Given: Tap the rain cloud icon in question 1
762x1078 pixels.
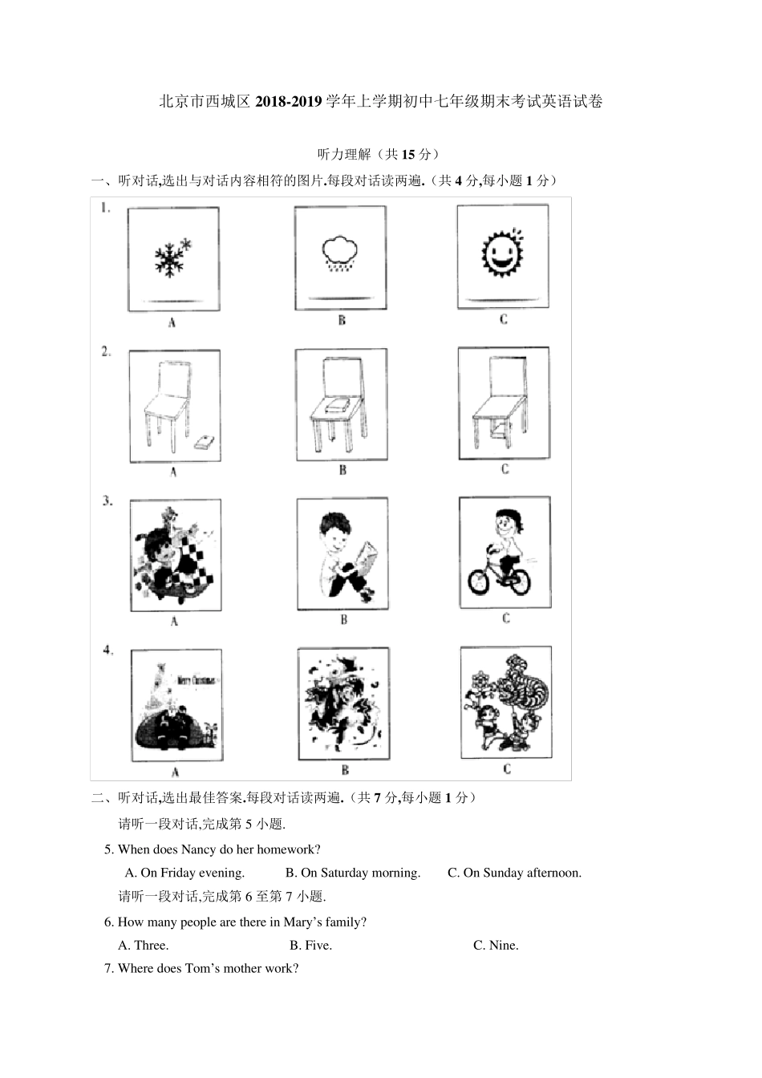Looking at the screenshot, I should point(340,253).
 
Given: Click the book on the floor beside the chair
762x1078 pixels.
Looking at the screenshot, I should point(205,442).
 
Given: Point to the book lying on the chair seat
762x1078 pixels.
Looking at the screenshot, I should point(335,407).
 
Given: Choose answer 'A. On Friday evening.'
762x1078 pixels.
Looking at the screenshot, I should point(184,873).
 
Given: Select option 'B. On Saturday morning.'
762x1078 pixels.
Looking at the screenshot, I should point(353,873).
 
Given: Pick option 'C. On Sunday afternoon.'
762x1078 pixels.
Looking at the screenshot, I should point(514,873).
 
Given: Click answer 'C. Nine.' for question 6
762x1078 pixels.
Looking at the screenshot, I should point(496,945).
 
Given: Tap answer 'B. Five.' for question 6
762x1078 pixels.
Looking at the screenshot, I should point(310,945).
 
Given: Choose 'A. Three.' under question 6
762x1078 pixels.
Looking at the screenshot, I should point(143,945).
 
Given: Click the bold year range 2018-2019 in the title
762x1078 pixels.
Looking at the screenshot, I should point(288,101).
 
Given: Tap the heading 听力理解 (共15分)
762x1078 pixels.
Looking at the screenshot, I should point(378,154).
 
